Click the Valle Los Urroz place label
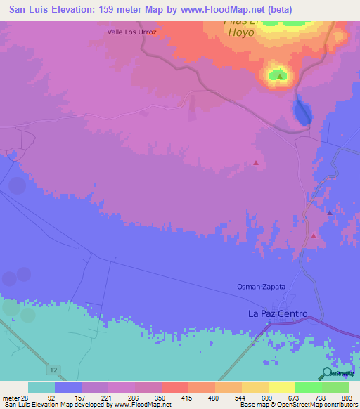pos(131,32)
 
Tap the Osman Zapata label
pos(261,287)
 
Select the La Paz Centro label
pos(278,313)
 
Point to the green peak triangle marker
pos(280,75)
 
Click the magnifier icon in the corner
pos(328,373)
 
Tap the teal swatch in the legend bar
pos(41,387)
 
